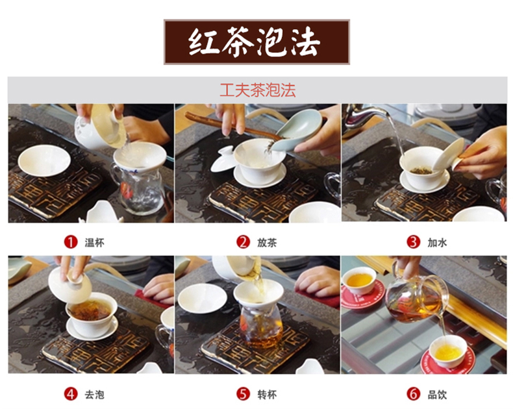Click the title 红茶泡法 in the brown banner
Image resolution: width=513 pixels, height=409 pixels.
254,42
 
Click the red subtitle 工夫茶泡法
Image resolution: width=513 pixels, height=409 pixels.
258,90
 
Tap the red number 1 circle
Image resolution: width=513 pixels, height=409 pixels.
71,242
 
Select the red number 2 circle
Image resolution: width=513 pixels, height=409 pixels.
243,242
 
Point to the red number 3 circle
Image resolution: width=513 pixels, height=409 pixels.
413,242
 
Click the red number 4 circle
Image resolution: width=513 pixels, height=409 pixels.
71,394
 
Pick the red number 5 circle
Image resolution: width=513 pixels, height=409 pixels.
243,394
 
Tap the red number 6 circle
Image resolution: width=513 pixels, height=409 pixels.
413,394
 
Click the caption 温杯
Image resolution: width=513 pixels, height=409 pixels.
95,243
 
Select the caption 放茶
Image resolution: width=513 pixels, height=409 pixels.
267,243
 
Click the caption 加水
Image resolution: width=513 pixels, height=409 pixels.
437,243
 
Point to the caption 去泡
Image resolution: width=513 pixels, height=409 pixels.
95,395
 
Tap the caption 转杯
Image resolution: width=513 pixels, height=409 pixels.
267,395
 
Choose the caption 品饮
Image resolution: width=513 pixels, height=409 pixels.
437,395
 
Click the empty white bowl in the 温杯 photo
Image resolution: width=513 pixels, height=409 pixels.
44,160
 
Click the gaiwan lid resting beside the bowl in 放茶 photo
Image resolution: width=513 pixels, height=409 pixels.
223,159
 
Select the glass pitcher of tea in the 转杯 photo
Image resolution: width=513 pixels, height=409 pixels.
261,325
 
